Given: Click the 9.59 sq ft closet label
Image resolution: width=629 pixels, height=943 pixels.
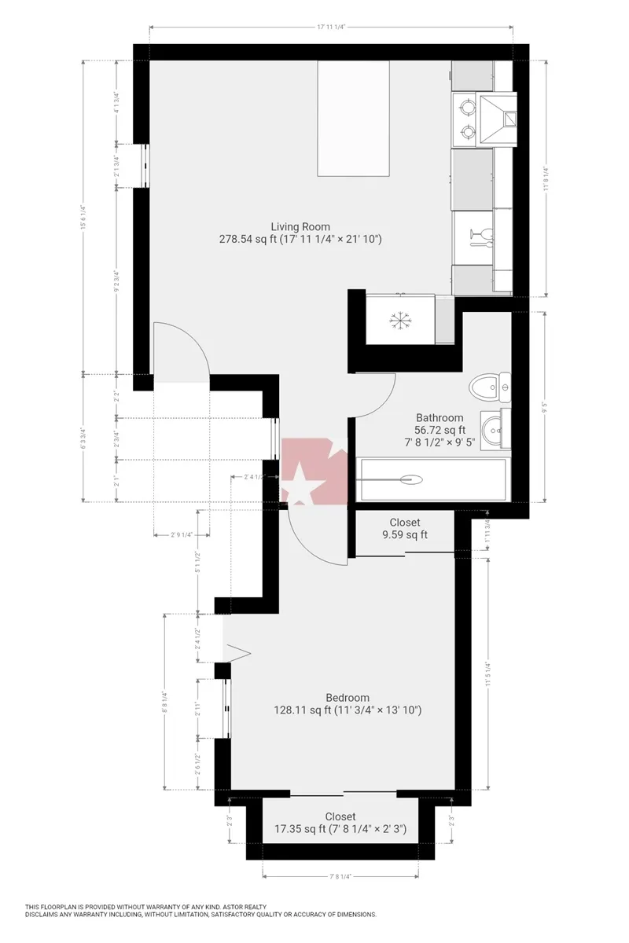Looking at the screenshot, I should click(405, 529).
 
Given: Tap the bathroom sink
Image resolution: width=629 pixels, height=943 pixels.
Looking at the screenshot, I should click(495, 427).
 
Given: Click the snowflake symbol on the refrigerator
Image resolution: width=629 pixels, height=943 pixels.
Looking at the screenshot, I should click(402, 320).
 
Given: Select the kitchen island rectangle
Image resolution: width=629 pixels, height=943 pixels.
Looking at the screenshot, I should click(354, 119).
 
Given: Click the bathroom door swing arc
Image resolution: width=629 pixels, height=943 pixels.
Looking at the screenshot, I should click(385, 401).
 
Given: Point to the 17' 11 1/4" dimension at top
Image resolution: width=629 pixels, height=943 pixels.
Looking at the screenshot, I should click(331, 27).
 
